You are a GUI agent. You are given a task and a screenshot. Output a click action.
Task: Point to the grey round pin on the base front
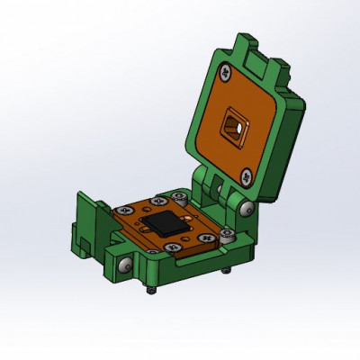click(124, 265)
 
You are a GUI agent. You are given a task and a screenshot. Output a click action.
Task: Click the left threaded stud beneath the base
click(151, 290)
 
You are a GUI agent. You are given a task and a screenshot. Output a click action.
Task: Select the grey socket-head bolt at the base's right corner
click(225, 236)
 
